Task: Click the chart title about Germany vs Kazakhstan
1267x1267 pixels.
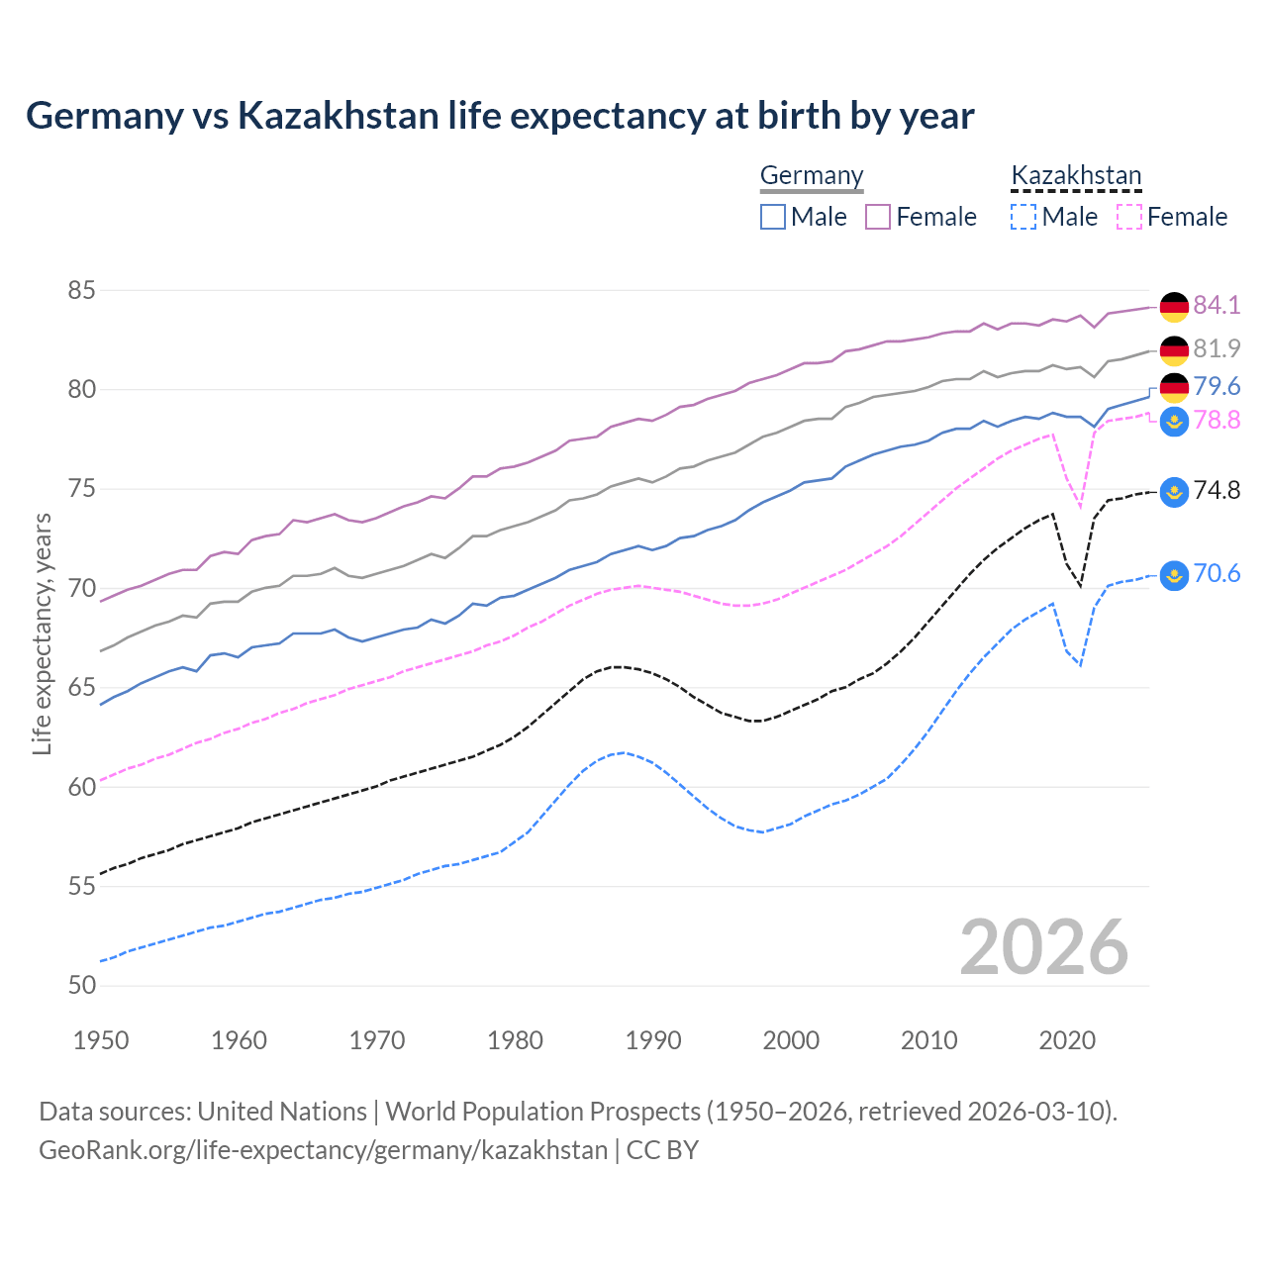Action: coord(500,116)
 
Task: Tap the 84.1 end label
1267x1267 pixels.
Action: coord(1217,305)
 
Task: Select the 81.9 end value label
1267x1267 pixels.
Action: coord(1217,348)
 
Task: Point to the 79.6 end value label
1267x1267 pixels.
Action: coord(1217,386)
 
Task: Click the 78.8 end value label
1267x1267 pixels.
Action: coord(1217,421)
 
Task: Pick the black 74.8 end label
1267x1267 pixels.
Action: coord(1217,490)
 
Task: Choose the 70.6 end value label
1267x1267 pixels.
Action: coord(1217,574)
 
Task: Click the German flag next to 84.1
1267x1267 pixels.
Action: coord(1174,307)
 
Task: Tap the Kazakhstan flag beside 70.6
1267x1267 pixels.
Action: coord(1174,575)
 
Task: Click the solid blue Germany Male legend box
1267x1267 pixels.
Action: coord(773,217)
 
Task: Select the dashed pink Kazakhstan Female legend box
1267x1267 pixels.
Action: coord(1128,217)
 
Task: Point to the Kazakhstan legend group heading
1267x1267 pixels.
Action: coord(1076,176)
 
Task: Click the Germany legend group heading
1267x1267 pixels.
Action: coord(812,176)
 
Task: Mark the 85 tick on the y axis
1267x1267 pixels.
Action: coord(81,291)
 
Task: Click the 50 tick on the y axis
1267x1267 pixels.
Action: coord(81,985)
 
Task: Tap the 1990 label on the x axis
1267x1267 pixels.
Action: coord(653,1040)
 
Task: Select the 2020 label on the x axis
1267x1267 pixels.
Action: coord(1067,1040)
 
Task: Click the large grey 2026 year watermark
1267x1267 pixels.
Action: coord(1044,947)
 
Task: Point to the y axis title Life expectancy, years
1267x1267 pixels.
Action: coord(43,633)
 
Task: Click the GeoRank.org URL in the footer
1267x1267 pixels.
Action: coord(323,1150)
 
